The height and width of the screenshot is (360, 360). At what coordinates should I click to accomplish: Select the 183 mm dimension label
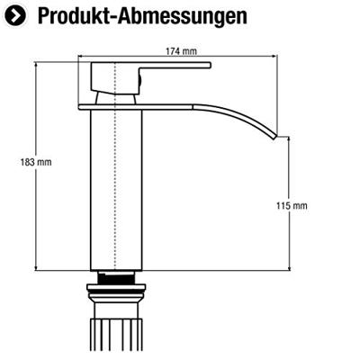click(20, 163)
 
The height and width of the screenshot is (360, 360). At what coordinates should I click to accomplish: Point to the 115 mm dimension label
click(292, 206)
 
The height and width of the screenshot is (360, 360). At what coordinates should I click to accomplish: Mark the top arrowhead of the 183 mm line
click(36, 66)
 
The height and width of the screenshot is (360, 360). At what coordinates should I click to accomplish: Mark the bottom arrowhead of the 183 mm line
click(36, 267)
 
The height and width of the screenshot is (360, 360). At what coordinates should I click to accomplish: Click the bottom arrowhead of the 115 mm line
click(289, 267)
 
